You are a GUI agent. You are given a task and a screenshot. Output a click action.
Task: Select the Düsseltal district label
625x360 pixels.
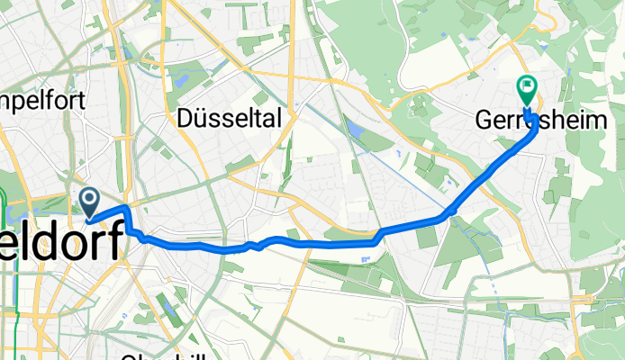pos(230,118)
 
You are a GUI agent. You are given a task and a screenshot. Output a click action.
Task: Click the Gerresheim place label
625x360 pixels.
pos(547,121)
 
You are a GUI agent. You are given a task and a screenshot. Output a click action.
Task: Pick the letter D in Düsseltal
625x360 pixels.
pos(187,118)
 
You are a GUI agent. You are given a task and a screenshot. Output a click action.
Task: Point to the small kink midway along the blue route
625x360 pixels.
pos(256,245)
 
